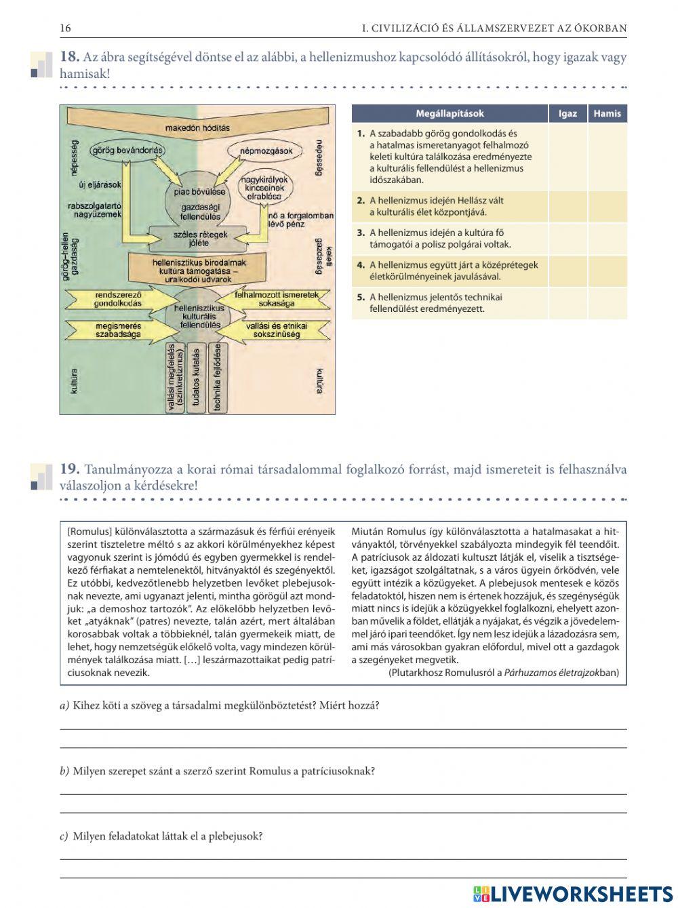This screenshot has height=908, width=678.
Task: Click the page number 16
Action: [x=65, y=28]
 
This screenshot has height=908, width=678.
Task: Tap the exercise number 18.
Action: [x=70, y=58]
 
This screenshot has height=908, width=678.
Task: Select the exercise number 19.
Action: [x=70, y=469]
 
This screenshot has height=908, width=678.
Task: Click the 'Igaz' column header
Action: [x=567, y=113]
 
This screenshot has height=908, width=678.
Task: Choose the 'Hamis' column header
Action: [x=607, y=113]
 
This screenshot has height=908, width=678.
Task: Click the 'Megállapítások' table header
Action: [x=450, y=113]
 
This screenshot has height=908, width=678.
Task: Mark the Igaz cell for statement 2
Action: [x=567, y=206]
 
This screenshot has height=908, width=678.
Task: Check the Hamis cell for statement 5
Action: [x=607, y=302]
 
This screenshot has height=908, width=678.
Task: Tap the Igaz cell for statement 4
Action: [x=567, y=271]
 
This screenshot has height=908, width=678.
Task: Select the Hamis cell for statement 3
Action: [x=607, y=238]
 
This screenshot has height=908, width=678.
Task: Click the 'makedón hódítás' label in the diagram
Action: [x=197, y=127]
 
